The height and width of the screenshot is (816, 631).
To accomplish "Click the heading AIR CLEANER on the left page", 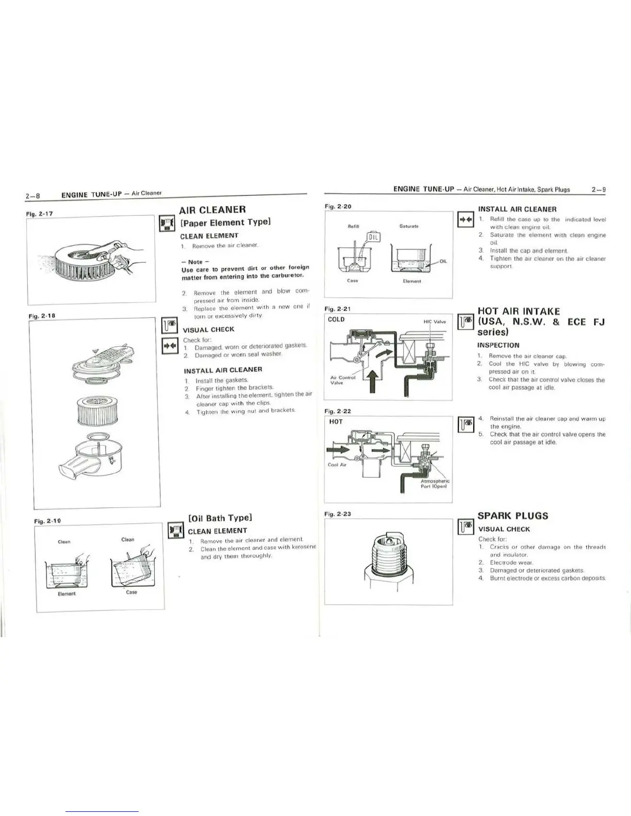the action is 212,210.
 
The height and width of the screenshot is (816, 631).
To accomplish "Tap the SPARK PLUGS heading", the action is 512,516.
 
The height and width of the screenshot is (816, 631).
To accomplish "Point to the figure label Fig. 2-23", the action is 338,514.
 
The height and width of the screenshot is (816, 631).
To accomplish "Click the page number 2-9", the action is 598,190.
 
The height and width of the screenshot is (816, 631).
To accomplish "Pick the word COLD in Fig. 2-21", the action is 336,319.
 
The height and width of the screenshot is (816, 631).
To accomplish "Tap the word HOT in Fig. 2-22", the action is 336,421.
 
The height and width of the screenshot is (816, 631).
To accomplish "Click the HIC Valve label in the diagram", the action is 434,321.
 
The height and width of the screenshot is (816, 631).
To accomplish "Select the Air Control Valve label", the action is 340,380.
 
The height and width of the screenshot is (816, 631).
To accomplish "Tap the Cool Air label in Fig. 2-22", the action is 336,465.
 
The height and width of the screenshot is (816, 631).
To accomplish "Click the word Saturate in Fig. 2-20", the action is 408,226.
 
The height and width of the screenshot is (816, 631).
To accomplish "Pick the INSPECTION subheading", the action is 498,345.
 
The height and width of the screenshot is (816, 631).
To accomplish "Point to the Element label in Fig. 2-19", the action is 67,594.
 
